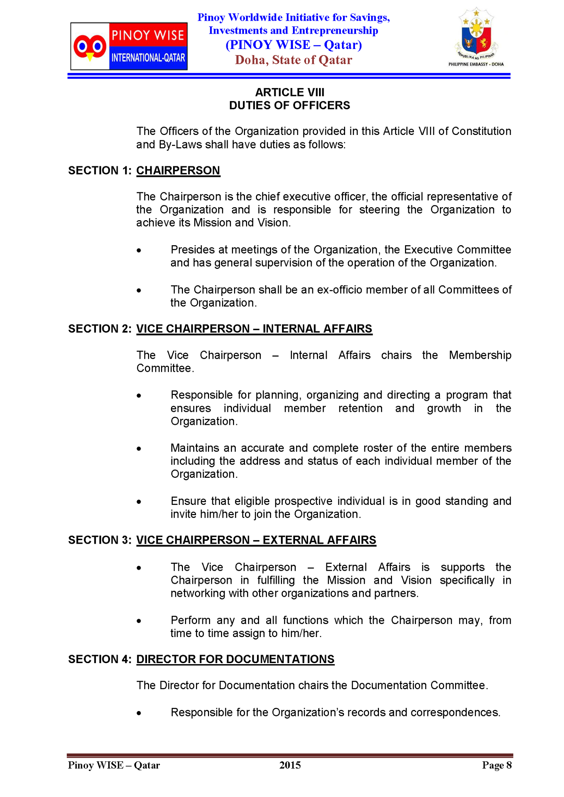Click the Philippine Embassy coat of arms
click(476, 35)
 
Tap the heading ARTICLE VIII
click(289, 92)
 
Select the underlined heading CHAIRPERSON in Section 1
click(178, 171)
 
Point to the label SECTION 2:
click(100, 329)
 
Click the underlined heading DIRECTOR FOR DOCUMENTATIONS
click(235, 659)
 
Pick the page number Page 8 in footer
click(497, 765)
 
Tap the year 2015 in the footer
click(290, 765)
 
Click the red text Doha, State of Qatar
click(293, 60)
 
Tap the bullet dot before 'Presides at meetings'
click(139, 251)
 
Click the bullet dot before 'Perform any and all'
click(139, 621)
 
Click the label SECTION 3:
click(100, 540)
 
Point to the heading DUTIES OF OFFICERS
click(289, 105)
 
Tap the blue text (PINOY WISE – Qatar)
click(294, 45)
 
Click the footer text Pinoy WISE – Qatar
click(114, 765)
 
